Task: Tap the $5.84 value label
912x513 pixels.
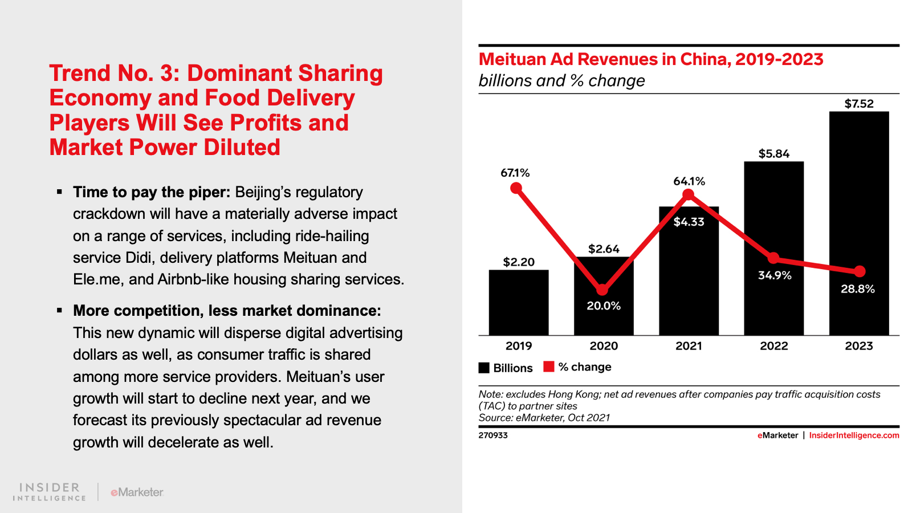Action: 773,154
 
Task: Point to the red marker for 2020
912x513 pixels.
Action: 602,290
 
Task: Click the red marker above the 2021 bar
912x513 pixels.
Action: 689,195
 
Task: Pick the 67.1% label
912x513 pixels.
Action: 515,173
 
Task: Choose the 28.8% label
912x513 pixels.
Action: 857,289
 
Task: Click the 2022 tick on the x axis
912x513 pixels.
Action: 773,346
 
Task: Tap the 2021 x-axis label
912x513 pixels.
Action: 689,346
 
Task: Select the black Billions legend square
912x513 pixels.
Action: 484,368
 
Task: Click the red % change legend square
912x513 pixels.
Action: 549,367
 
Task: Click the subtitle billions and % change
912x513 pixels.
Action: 561,81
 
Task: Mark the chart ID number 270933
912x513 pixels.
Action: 493,435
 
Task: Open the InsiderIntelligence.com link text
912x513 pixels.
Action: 854,435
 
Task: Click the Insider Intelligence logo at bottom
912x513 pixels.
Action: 50,492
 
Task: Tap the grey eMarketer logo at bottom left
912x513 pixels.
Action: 137,492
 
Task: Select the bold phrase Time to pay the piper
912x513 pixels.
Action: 151,192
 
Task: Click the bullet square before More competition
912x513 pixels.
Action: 59,311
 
